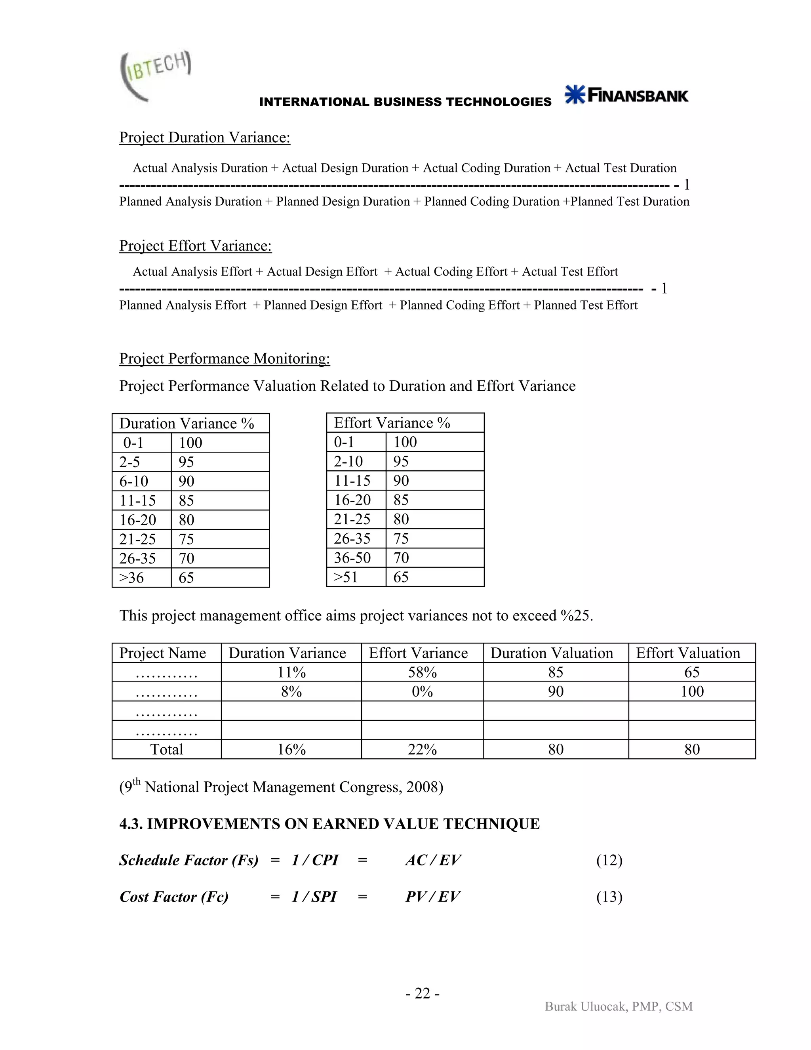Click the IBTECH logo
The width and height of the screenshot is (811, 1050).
155,76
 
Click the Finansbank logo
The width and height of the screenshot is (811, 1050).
626,95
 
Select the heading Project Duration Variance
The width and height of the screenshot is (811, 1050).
205,137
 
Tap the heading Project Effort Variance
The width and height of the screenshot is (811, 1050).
195,246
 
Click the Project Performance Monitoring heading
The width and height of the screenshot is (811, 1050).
225,359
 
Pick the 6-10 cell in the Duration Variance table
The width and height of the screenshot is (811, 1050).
134,481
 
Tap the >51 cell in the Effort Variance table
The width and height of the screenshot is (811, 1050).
346,577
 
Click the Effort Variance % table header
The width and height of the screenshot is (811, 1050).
392,423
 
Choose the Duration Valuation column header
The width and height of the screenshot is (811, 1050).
552,653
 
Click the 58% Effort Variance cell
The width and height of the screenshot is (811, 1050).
422,672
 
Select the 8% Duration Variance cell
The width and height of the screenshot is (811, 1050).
291,691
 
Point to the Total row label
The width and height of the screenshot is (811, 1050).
167,749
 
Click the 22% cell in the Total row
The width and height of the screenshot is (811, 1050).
422,749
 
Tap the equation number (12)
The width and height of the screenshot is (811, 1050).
609,860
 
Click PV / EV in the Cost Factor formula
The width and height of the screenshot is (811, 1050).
432,897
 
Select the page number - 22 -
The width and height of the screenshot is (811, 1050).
422,993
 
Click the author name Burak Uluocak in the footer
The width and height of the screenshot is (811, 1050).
586,1006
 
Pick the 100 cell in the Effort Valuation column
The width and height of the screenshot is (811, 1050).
692,691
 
